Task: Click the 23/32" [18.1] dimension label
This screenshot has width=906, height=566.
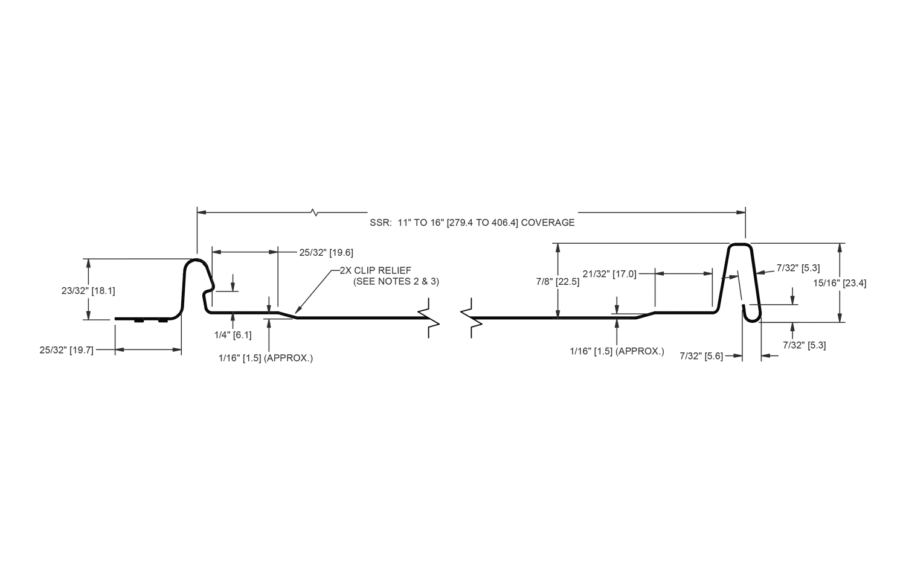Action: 88,290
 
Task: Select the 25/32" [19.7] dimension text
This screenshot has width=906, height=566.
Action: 66,350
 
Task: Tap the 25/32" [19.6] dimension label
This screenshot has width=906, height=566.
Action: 326,252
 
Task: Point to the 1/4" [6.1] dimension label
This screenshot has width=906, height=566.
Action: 233,334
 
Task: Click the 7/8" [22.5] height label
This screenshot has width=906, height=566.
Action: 557,282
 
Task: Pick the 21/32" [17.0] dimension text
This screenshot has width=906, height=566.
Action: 609,274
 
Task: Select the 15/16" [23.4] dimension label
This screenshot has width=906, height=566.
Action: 840,283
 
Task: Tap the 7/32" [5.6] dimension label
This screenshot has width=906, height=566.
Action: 701,357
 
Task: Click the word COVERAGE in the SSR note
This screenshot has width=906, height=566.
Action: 548,223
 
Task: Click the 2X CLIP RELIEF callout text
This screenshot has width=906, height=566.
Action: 375,270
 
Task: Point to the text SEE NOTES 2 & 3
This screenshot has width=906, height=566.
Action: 396,282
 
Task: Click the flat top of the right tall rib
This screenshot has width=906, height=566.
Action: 740,244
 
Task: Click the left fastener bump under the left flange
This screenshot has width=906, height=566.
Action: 139,321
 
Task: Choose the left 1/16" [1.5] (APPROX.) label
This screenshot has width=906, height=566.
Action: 266,358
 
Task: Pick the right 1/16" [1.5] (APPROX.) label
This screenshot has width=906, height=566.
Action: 617,351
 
